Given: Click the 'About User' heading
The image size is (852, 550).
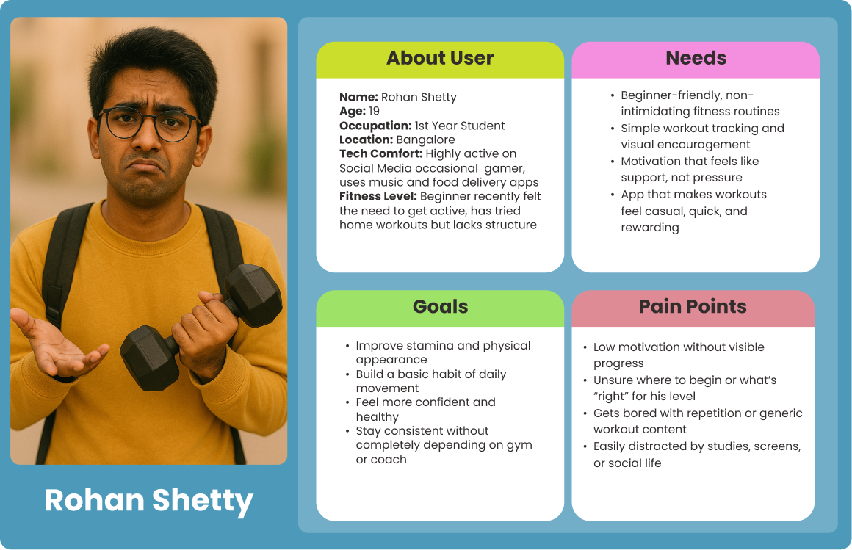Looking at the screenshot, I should click(x=440, y=59).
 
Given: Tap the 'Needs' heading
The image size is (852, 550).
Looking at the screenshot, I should click(x=696, y=59).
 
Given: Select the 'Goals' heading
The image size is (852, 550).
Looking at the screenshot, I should click(x=440, y=307).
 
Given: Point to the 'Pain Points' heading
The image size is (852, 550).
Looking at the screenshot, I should click(x=693, y=307).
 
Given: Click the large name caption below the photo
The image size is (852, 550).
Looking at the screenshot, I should click(x=149, y=501).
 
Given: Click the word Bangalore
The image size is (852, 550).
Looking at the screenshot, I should click(x=425, y=140).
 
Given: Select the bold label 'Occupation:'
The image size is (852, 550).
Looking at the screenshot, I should click(x=375, y=126).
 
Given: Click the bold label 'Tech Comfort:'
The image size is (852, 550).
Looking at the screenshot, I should click(x=380, y=154).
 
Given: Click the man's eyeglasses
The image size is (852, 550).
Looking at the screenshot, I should click(x=149, y=124).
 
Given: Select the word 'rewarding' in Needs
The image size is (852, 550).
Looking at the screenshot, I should click(x=650, y=228).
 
